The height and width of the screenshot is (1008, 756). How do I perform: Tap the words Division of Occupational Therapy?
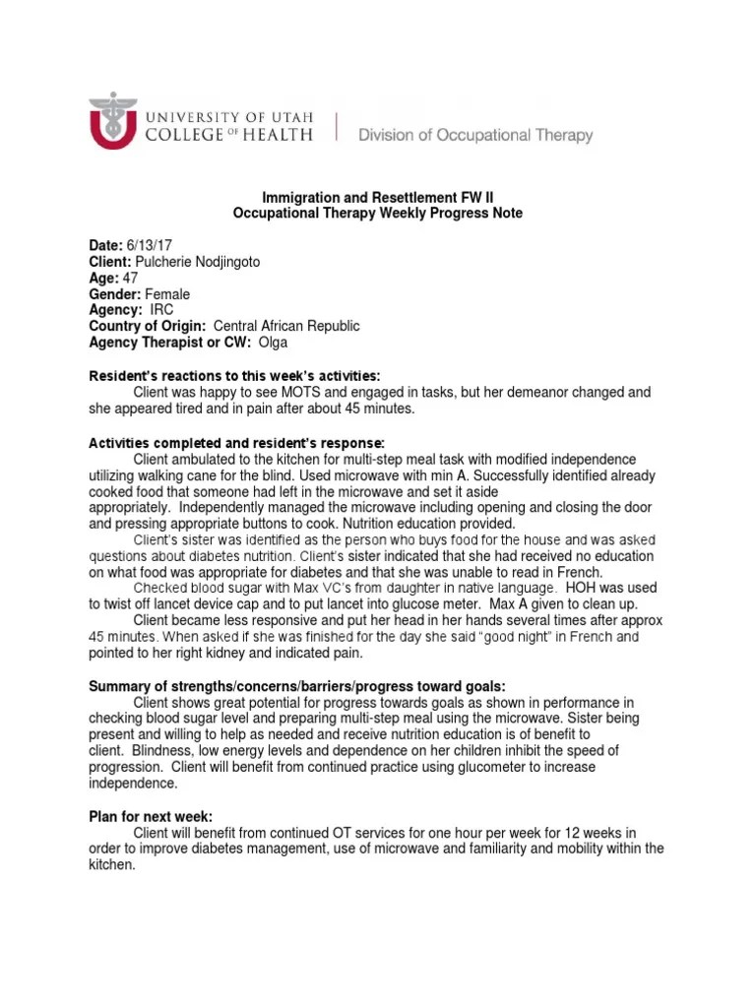coord(475,135)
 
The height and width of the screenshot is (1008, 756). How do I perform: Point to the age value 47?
coord(130,278)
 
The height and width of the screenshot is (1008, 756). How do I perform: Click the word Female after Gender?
coord(167,294)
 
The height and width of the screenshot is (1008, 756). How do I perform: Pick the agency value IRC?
coord(161,310)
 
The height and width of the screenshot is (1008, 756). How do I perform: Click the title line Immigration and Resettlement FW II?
coord(377,198)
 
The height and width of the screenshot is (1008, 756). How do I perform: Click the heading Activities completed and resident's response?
coord(237,441)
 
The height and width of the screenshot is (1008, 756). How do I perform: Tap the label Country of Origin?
coord(148,326)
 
